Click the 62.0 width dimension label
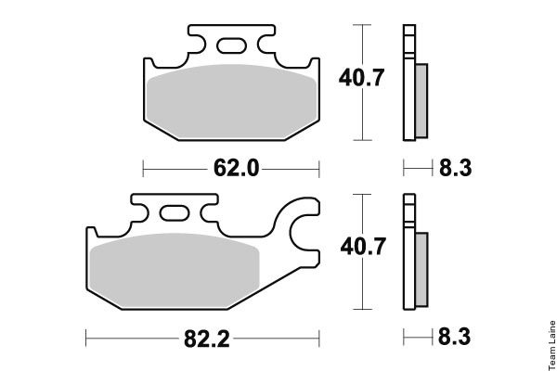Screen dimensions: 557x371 tap(236, 168)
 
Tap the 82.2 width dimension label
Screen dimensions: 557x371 tap(207, 339)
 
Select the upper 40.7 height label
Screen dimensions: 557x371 tap(361, 78)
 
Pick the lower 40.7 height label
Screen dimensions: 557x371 tap(363, 247)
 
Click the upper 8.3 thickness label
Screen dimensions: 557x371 tap(456, 168)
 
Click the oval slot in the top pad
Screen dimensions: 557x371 tap(231, 45)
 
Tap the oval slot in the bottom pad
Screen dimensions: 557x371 tap(175, 213)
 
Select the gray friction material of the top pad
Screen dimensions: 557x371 tap(231, 101)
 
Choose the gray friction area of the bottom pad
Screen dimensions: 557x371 tap(175, 271)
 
